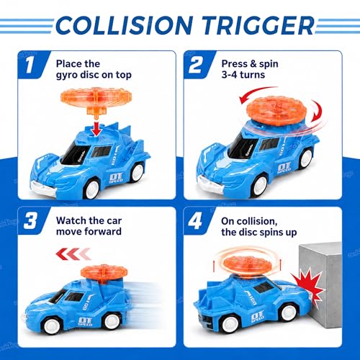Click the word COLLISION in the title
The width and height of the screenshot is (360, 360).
click(x=124, y=24)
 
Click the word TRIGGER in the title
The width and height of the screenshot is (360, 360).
click(x=258, y=24)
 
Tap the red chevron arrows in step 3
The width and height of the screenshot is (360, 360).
click(x=73, y=254)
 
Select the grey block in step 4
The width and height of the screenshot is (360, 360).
click(x=320, y=286)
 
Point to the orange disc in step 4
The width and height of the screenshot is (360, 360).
click(x=246, y=265)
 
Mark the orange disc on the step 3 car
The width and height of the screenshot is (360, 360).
click(x=104, y=273)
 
